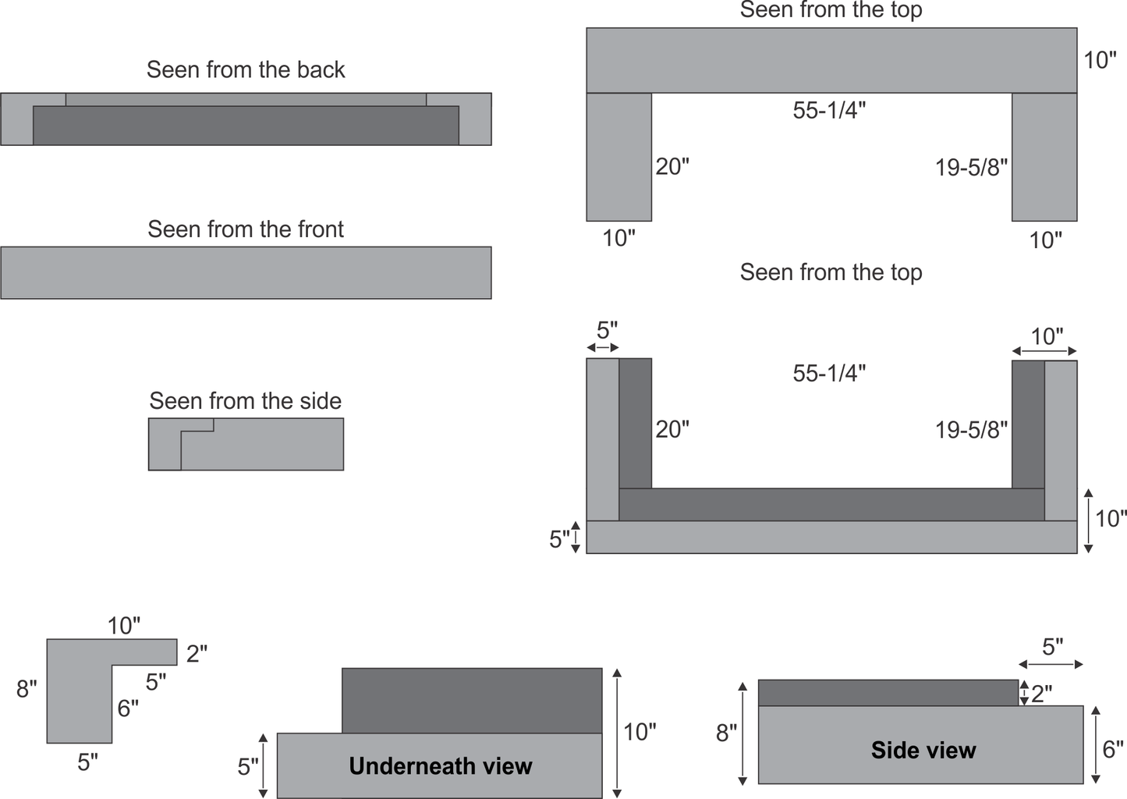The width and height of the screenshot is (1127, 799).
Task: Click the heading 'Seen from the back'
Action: click(246, 69)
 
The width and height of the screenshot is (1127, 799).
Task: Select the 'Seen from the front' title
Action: click(246, 229)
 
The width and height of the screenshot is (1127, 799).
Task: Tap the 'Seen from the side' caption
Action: click(246, 401)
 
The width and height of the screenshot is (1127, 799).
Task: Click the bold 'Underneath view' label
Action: click(440, 765)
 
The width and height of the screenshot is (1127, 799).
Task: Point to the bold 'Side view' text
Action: click(923, 750)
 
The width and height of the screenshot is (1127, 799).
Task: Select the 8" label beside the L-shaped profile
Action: click(27, 689)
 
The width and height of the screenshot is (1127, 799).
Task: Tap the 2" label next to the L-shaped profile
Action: click(197, 654)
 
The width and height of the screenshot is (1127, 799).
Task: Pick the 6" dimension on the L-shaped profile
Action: click(128, 708)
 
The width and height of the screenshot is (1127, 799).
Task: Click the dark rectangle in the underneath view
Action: click(472, 701)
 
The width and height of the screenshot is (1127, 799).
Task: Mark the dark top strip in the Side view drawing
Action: click(888, 693)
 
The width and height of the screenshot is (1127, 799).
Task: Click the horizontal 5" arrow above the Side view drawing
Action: click(1051, 665)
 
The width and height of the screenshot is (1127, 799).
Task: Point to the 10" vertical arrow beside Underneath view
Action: click(618, 733)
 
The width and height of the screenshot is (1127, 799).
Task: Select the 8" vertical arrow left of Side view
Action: click(742, 733)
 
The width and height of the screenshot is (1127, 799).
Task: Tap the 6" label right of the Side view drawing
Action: click(1113, 750)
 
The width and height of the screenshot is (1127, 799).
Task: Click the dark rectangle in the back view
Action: click(246, 126)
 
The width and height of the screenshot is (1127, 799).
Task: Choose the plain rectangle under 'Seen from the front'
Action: click(246, 273)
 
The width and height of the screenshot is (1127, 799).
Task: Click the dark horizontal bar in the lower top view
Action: click(831, 505)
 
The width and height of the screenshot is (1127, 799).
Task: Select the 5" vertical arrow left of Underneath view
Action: click(263, 765)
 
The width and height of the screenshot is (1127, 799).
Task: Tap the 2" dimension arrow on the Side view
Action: click(1023, 693)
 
